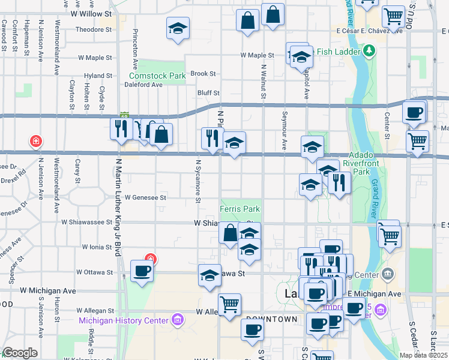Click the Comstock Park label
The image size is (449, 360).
coord(158,76)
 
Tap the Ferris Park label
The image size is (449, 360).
coord(240,209)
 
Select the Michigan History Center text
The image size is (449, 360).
coord(123,320)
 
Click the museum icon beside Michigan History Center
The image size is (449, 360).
coord(176,317)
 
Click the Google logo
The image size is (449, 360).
coord(20,353)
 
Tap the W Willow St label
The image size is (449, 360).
coord(91,13)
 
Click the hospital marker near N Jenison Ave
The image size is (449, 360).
coord(36,142)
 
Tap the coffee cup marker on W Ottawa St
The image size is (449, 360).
coord(142,271)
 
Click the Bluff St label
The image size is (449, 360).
coord(209,93)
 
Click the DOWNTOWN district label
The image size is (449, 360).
coord(271,319)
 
